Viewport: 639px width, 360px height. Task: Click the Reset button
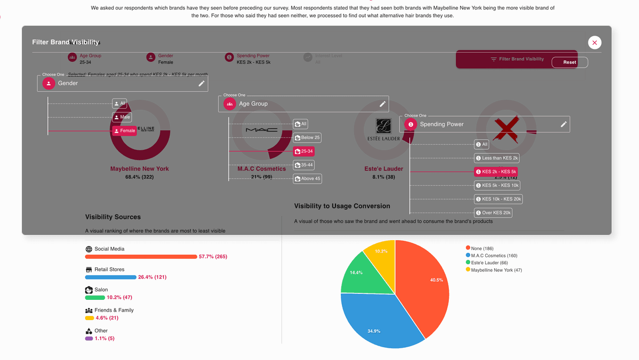(569, 62)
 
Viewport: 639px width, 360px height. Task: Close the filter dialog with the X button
(595, 43)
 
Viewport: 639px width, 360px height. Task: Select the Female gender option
(124, 130)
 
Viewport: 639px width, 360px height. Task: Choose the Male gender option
(121, 117)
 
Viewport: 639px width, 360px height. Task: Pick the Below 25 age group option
(307, 137)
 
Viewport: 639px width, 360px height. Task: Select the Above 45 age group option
(307, 178)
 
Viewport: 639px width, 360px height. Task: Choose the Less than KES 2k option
(497, 158)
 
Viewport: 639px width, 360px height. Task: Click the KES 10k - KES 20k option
(498, 199)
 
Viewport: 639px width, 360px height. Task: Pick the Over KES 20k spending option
(493, 212)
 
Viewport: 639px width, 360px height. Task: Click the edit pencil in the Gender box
(201, 83)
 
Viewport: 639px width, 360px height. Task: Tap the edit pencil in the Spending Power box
(563, 124)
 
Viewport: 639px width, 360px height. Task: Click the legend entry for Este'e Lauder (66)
(489, 263)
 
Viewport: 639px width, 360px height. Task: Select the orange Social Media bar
(141, 257)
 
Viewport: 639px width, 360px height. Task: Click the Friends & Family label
(114, 310)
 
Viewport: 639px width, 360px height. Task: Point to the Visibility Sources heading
(113, 217)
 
